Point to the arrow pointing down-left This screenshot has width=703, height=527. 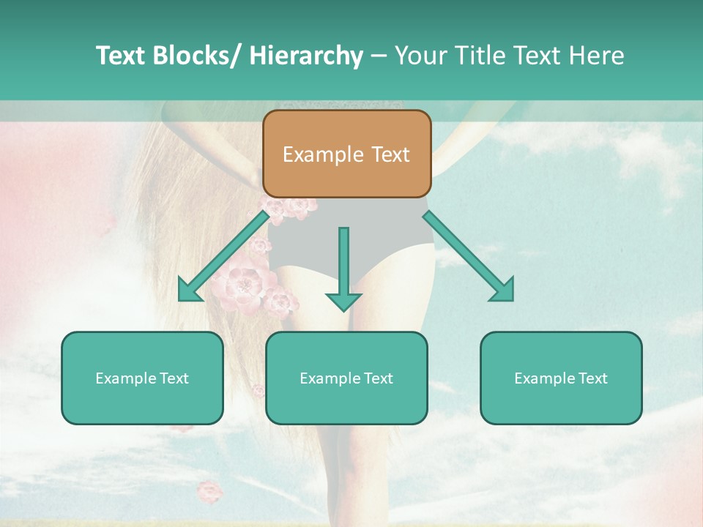223,255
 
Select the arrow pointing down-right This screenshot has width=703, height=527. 469,255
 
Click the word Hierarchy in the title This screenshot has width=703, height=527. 306,56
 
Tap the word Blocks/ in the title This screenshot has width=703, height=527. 202,56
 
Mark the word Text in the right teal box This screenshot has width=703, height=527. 592,378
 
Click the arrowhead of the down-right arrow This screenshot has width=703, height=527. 502,289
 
